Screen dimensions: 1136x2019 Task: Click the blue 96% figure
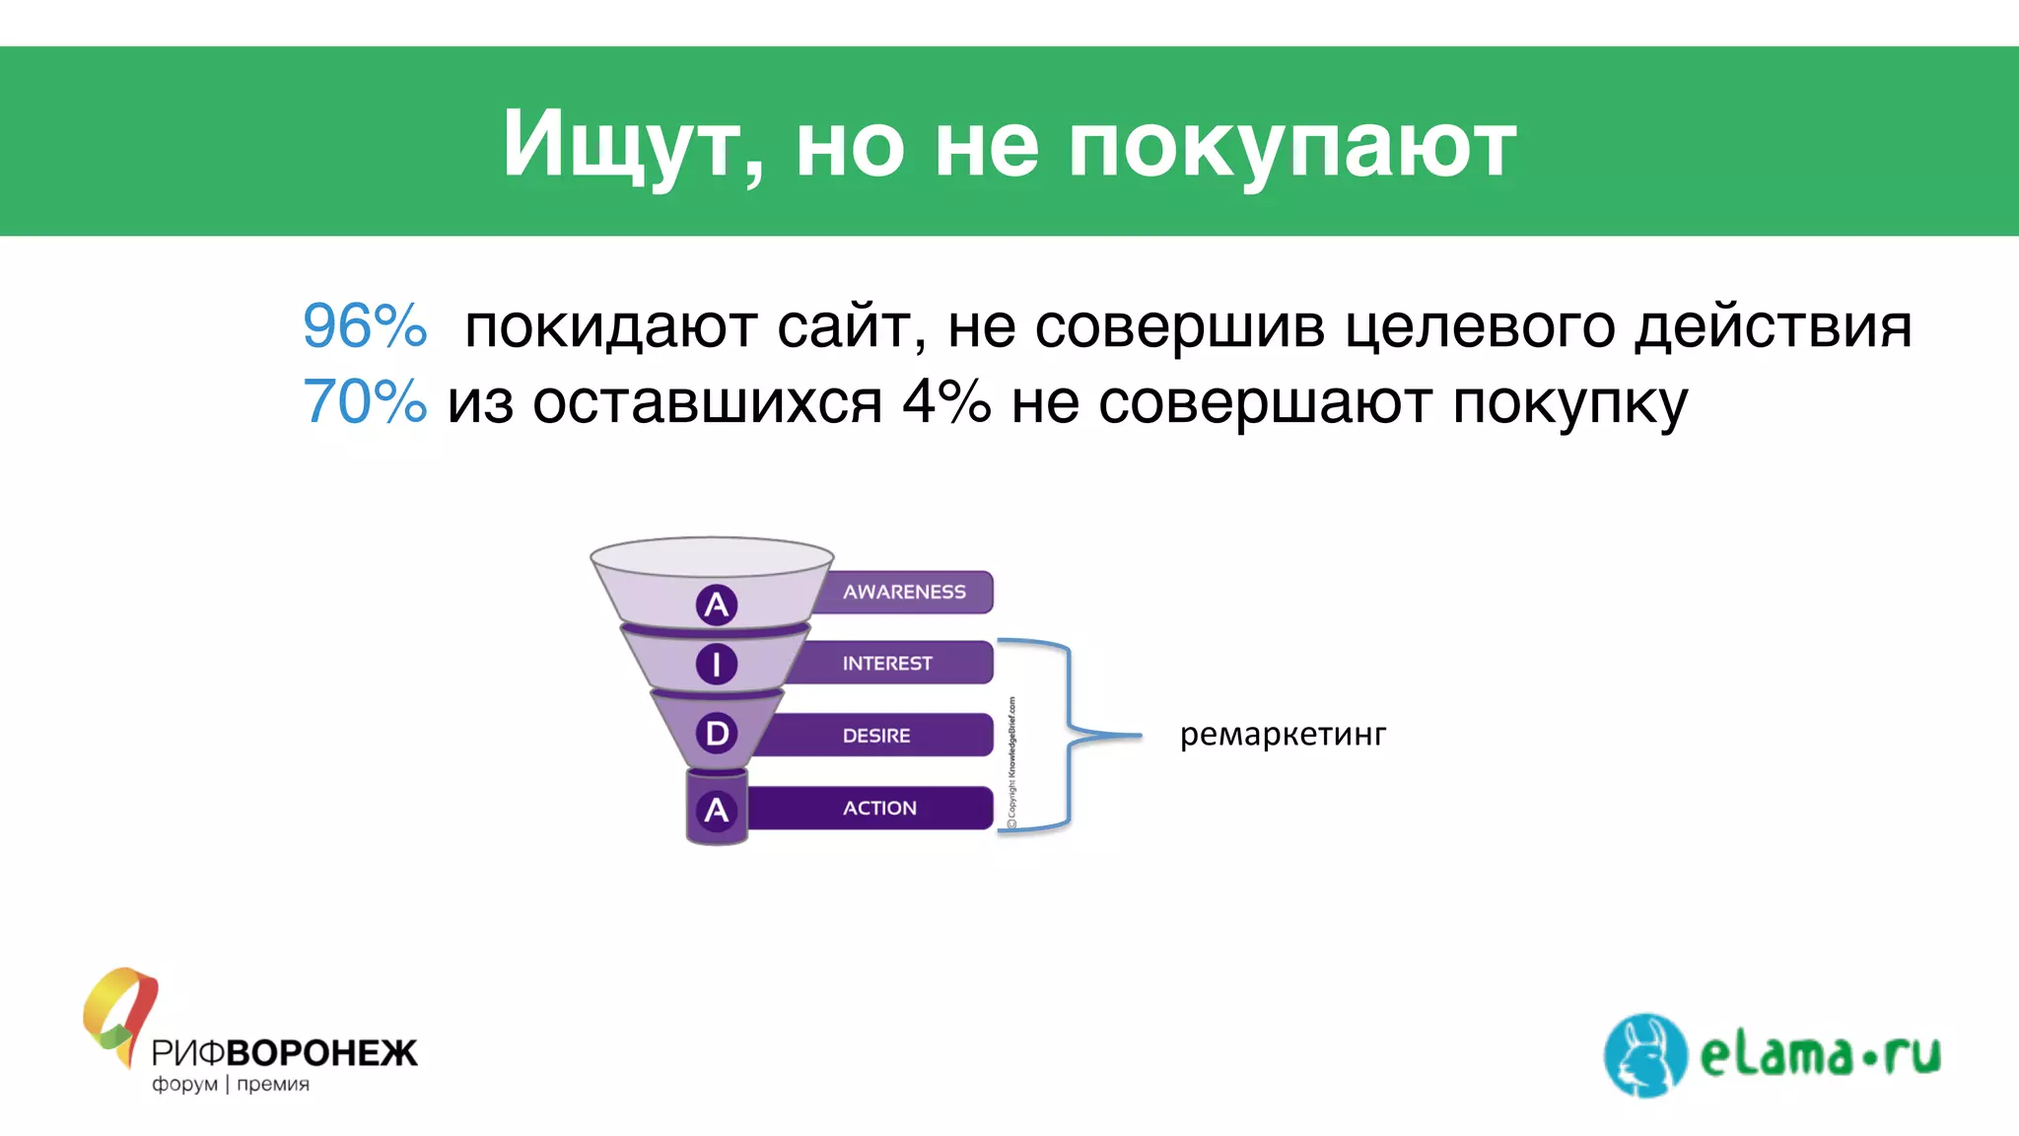pyautogui.click(x=365, y=326)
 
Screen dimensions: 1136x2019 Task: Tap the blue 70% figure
pyautogui.click(x=365, y=402)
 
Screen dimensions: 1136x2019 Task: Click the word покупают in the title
pyautogui.click(x=1291, y=146)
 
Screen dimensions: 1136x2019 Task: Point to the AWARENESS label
pyautogui.click(x=904, y=592)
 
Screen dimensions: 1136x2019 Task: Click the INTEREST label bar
pyautogui.click(x=887, y=664)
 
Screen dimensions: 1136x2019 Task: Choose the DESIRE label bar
pyautogui.click(x=876, y=736)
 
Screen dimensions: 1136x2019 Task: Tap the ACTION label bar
pyautogui.click(x=879, y=809)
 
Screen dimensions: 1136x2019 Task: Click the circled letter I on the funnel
pyautogui.click(x=717, y=664)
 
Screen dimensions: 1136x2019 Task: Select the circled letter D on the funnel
pyautogui.click(x=717, y=734)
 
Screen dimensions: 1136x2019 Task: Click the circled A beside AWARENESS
pyautogui.click(x=717, y=604)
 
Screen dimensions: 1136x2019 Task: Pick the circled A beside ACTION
pyautogui.click(x=717, y=811)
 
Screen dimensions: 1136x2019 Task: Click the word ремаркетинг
pyautogui.click(x=1283, y=735)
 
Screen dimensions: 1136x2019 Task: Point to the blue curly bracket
pyautogui.click(x=1071, y=735)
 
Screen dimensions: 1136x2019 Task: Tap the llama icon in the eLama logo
pyautogui.click(x=1644, y=1055)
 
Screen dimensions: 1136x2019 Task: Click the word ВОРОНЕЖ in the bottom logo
pyautogui.click(x=321, y=1053)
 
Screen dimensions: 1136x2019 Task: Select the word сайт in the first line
pyautogui.click(x=850, y=326)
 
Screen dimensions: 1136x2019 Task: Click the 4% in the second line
pyautogui.click(x=946, y=402)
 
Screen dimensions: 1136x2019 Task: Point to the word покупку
pyautogui.click(x=1569, y=402)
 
